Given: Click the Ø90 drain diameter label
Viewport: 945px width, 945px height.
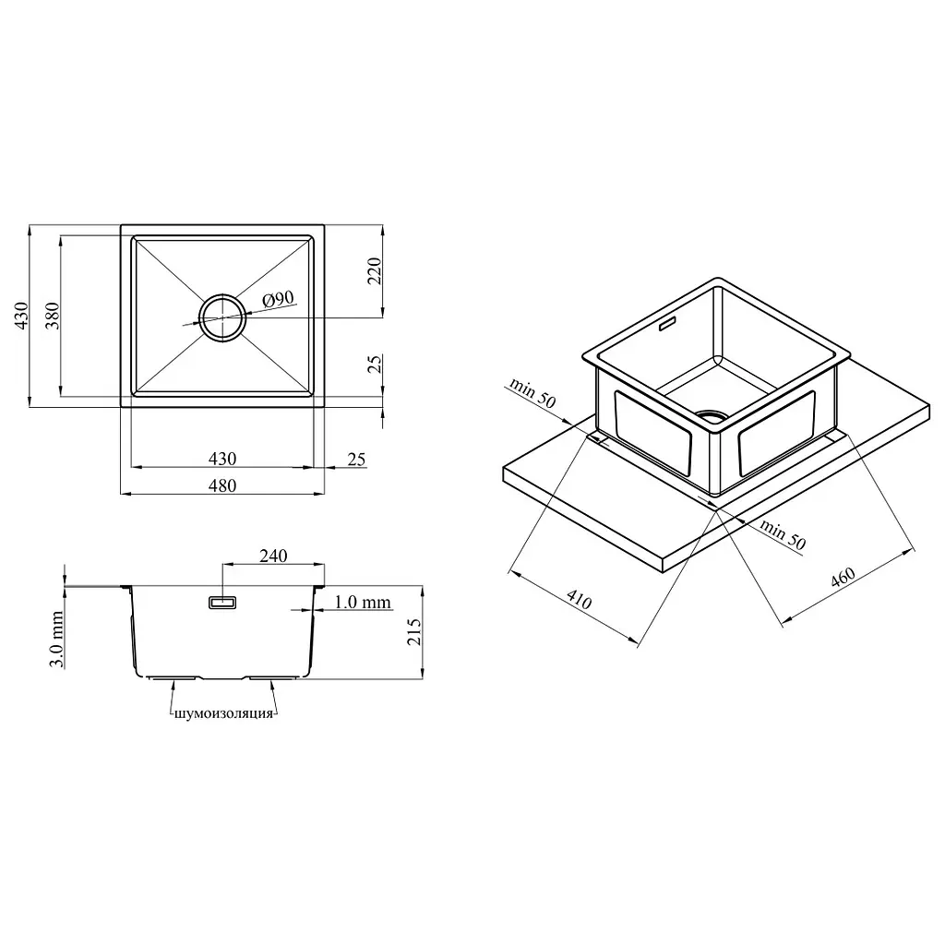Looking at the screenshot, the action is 279,299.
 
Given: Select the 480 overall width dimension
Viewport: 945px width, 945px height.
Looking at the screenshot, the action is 222,485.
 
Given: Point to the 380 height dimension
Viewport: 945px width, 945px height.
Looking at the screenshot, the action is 53,316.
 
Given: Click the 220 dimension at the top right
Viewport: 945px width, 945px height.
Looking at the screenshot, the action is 375,271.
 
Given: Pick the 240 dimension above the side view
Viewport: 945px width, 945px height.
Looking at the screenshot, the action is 273,556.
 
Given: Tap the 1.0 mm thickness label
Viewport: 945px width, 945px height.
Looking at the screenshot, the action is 362,602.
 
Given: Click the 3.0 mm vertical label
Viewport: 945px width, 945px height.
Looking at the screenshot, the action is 56,640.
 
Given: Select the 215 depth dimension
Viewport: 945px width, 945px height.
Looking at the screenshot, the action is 413,632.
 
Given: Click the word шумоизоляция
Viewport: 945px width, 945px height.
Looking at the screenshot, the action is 223,714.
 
